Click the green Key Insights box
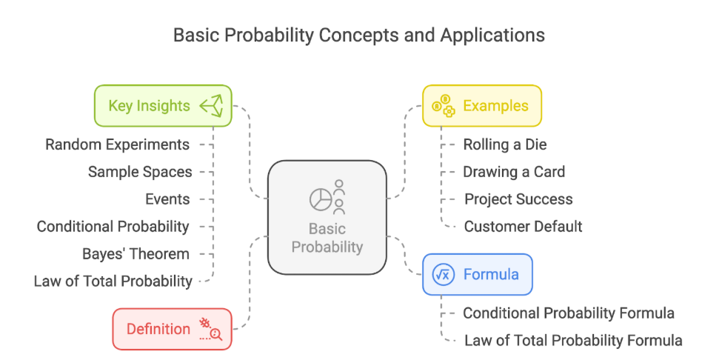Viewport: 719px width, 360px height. tap(163, 105)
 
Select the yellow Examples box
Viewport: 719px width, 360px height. tap(482, 105)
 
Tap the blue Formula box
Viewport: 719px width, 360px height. tap(478, 274)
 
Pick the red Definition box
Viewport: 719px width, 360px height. tap(172, 329)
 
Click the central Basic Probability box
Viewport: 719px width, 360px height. tap(327, 217)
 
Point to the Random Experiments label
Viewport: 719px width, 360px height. tap(118, 144)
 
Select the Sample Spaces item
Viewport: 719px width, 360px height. tap(140, 172)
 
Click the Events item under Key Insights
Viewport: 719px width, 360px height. tap(167, 199)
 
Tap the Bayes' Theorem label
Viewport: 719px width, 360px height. tap(136, 253)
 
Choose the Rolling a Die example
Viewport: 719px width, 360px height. tap(505, 144)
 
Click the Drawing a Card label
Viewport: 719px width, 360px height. tap(514, 172)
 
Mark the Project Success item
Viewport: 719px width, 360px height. tap(518, 199)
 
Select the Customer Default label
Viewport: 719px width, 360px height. tap(524, 226)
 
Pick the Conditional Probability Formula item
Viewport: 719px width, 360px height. tap(569, 313)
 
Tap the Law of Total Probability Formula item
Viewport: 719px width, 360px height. tap(573, 340)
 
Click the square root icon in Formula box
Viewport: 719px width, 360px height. tap(444, 274)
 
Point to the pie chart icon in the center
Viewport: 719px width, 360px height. tap(321, 199)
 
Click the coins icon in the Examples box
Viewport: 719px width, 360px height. tap(444, 105)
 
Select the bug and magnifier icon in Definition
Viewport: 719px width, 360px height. tap(211, 329)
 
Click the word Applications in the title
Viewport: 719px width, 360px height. tap(492, 36)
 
